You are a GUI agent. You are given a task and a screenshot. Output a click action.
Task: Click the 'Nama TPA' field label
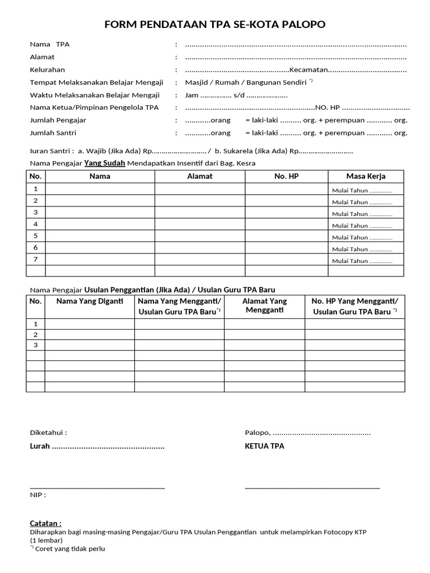click(50, 44)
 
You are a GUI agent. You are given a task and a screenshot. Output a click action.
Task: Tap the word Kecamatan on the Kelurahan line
click(308, 70)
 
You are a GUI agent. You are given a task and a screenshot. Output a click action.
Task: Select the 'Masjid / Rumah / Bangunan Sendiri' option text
click(246, 82)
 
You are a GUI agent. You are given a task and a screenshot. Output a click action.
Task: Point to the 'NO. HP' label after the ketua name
click(328, 107)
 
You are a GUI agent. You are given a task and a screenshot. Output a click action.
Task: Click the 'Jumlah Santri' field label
click(53, 133)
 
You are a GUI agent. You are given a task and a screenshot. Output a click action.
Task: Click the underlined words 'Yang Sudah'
click(105, 163)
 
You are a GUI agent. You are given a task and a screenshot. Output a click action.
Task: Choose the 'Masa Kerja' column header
click(366, 176)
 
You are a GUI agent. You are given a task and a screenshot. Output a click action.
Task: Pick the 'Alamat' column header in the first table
click(200, 176)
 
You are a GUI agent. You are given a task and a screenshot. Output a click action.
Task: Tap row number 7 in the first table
click(36, 259)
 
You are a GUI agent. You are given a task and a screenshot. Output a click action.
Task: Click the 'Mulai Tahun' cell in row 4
click(362, 226)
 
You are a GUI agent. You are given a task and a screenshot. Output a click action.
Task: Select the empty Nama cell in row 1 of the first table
click(100, 190)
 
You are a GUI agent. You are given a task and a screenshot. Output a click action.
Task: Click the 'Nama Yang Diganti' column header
click(90, 302)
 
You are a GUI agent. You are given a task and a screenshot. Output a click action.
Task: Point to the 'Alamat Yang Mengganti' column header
click(264, 306)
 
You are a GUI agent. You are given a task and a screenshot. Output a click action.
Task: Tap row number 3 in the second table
click(36, 345)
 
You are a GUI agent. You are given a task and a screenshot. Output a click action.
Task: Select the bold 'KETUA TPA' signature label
click(264, 446)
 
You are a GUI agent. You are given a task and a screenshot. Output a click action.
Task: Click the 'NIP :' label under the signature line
click(38, 495)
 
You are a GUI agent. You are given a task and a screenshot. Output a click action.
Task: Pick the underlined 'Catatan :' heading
click(46, 523)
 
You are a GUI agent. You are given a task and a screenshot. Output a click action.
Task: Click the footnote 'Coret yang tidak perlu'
click(70, 549)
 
